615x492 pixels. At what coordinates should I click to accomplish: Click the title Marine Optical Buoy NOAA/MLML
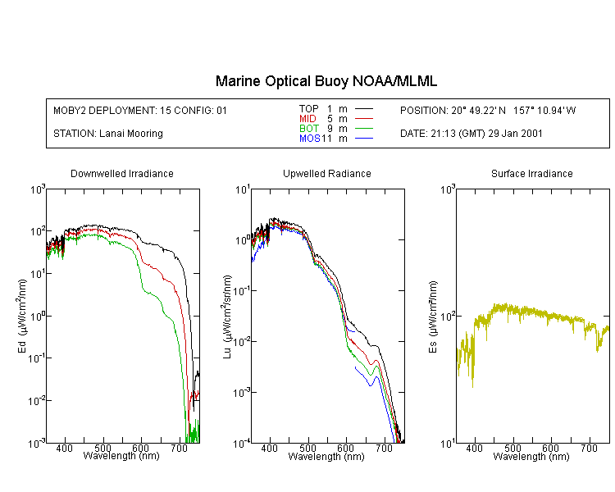click(x=326, y=81)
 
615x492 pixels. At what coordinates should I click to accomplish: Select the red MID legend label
click(x=308, y=119)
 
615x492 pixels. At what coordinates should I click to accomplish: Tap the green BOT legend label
click(x=308, y=129)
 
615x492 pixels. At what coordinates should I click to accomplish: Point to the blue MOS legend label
click(x=309, y=139)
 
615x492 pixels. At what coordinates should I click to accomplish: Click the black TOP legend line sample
click(x=364, y=109)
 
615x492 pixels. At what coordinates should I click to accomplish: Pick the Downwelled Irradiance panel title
click(x=122, y=174)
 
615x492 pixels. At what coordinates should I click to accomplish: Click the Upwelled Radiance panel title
click(x=326, y=174)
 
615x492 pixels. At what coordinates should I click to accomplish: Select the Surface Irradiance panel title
click(x=531, y=174)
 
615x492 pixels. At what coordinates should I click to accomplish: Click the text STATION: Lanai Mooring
click(x=107, y=134)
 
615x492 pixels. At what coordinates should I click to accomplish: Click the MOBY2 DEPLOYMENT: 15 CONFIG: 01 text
click(x=140, y=110)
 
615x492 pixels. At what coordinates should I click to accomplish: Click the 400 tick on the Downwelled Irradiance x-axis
click(x=65, y=449)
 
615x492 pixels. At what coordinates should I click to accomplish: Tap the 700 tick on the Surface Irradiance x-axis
click(x=589, y=449)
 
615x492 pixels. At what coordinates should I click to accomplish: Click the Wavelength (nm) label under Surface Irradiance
click(x=531, y=457)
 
